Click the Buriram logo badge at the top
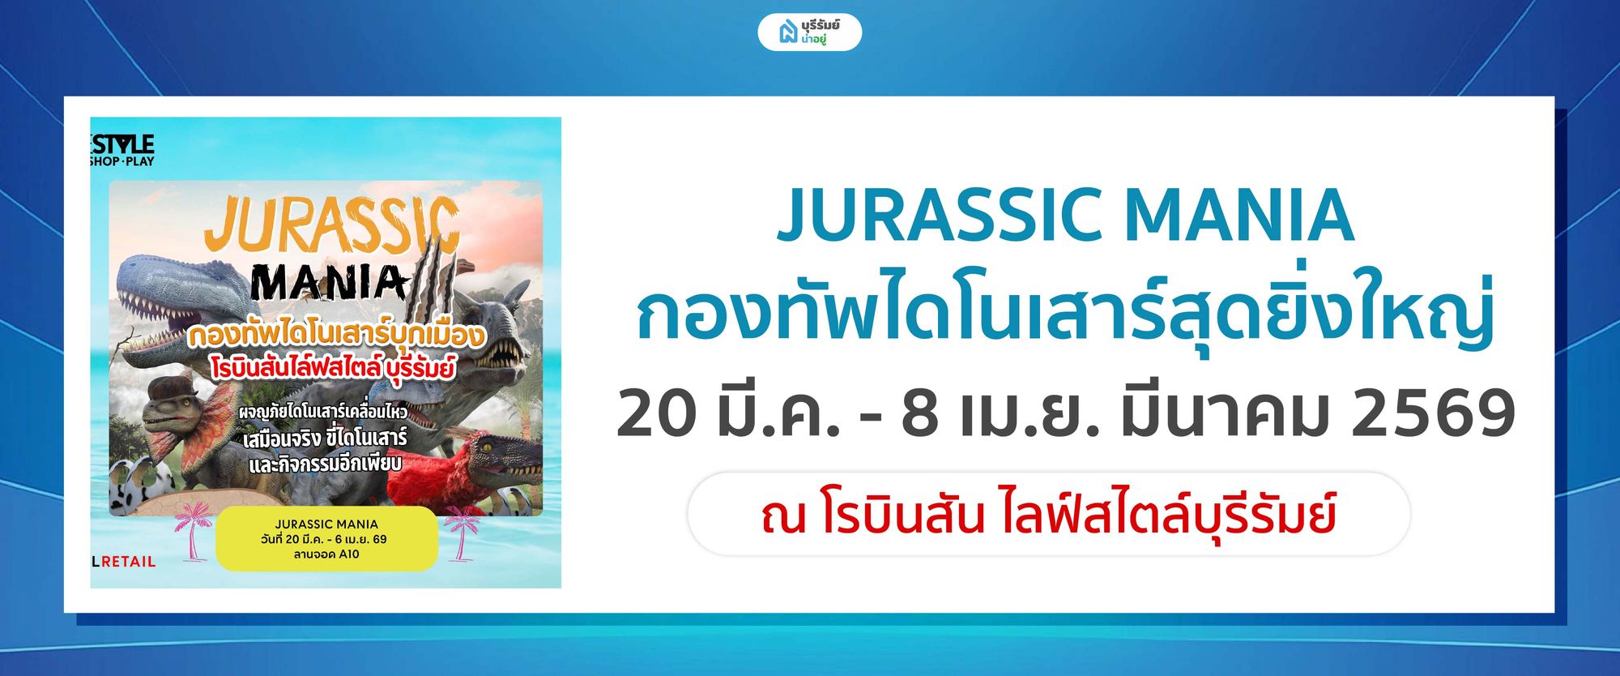point(809,32)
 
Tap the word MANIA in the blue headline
point(1239,216)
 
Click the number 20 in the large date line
point(657,413)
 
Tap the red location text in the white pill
point(1048,515)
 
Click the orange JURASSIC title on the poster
point(332,227)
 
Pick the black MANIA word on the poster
point(328,284)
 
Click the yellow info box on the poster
point(326,539)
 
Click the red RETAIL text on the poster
point(128,562)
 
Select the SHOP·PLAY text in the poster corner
point(122,161)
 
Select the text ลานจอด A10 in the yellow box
point(326,554)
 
